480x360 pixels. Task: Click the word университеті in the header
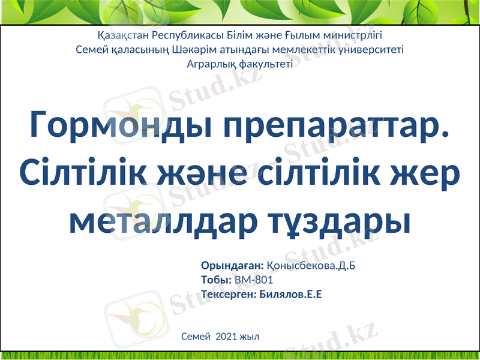(x=373, y=49)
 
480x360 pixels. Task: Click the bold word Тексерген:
(x=229, y=294)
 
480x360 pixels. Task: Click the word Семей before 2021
(x=196, y=337)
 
